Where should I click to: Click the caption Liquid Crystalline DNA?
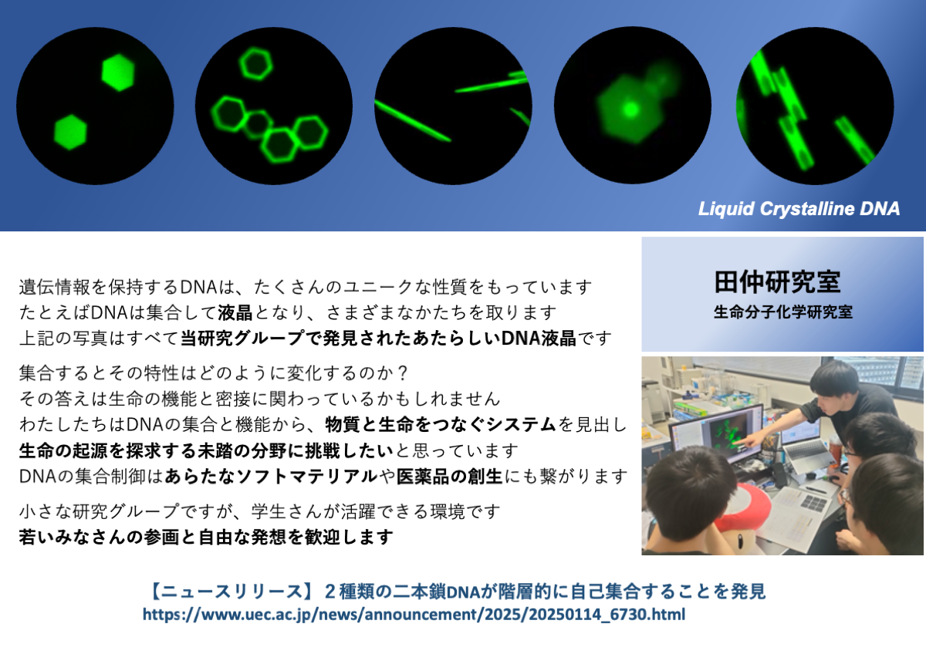(x=799, y=209)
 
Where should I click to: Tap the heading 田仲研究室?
(x=777, y=282)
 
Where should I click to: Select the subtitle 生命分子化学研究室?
(x=783, y=312)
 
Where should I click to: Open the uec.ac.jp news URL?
(x=414, y=615)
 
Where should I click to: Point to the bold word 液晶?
(x=235, y=313)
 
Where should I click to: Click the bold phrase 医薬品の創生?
(x=449, y=477)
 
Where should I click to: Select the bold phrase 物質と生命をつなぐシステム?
(x=441, y=425)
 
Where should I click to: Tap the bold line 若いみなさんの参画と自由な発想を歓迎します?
(x=206, y=537)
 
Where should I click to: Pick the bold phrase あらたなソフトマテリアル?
(x=271, y=477)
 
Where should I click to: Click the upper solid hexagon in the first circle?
(x=118, y=72)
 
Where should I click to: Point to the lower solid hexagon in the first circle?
(x=70, y=132)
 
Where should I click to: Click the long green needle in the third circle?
(x=412, y=121)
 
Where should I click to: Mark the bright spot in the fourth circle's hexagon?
(x=630, y=110)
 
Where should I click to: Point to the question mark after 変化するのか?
(x=401, y=373)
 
